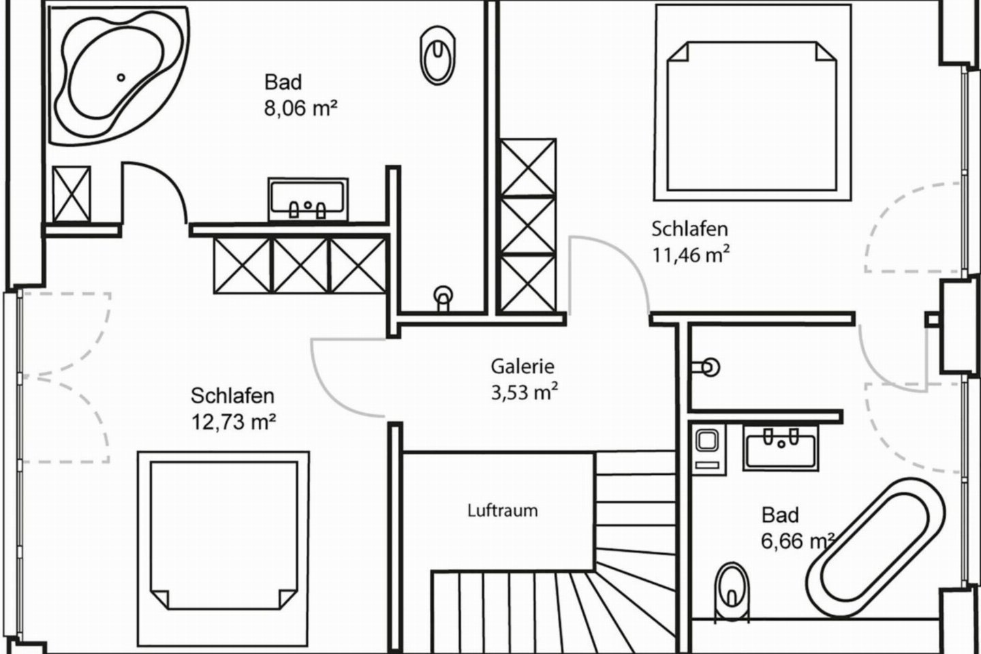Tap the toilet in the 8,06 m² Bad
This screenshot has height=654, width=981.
tap(437, 54)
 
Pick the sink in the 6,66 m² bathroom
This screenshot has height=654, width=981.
tap(781, 449)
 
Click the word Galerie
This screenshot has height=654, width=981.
tap(523, 367)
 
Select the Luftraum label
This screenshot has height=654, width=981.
tap(503, 510)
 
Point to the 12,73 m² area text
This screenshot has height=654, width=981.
tap(233, 422)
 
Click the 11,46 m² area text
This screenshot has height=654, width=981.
tap(691, 255)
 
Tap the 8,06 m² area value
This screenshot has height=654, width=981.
tap(301, 108)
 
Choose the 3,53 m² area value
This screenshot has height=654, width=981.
tap(525, 393)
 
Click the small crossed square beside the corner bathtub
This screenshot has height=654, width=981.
tap(72, 193)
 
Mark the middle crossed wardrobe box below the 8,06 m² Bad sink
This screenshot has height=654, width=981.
tap(300, 265)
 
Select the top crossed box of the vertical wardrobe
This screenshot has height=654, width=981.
tap(527, 167)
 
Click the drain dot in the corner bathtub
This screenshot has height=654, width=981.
tap(122, 78)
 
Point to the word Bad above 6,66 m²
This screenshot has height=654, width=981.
tap(780, 515)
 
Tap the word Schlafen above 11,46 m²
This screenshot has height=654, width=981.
tap(689, 229)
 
